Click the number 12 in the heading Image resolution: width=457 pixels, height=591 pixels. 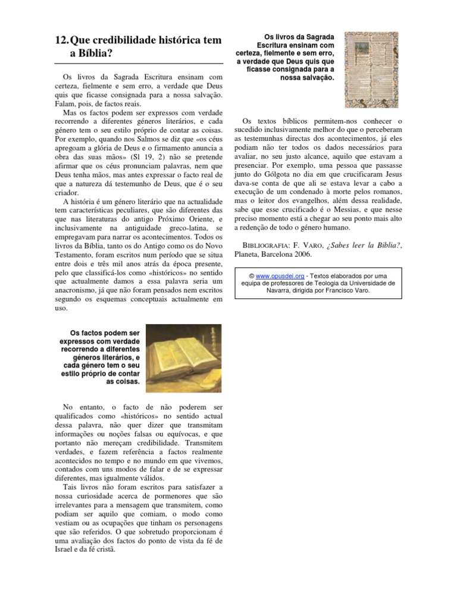pyautogui.click(x=60, y=40)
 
